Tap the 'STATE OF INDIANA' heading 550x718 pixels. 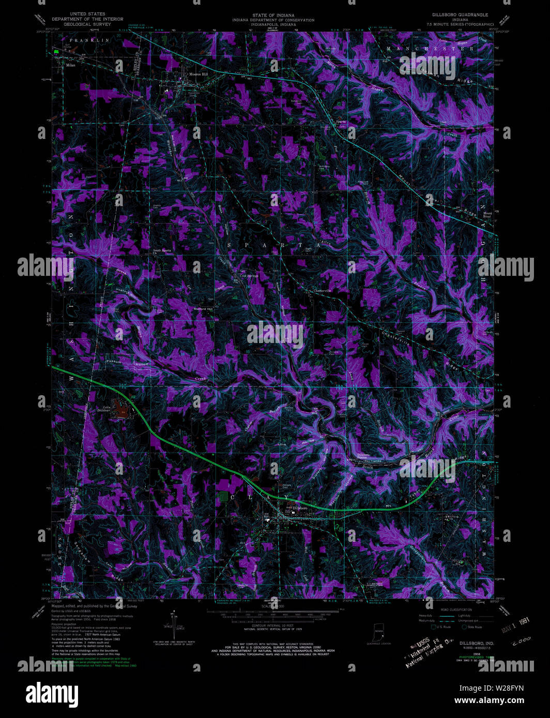tap(273, 15)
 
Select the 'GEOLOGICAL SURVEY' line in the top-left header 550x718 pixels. tap(87, 24)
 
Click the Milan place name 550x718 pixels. tap(70, 66)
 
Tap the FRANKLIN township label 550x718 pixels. tap(89, 40)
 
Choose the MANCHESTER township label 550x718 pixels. tap(429, 48)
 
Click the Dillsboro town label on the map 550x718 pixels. tap(300, 508)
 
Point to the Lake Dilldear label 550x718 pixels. tap(103, 409)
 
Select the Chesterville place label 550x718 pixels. tap(322, 291)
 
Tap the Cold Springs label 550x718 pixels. tap(249, 276)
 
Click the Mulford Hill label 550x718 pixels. tap(203, 309)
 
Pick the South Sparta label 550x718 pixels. tap(161, 252)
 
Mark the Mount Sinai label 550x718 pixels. tap(487, 214)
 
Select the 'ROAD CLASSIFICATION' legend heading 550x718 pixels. tap(456, 610)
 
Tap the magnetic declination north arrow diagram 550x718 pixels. tap(174, 625)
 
